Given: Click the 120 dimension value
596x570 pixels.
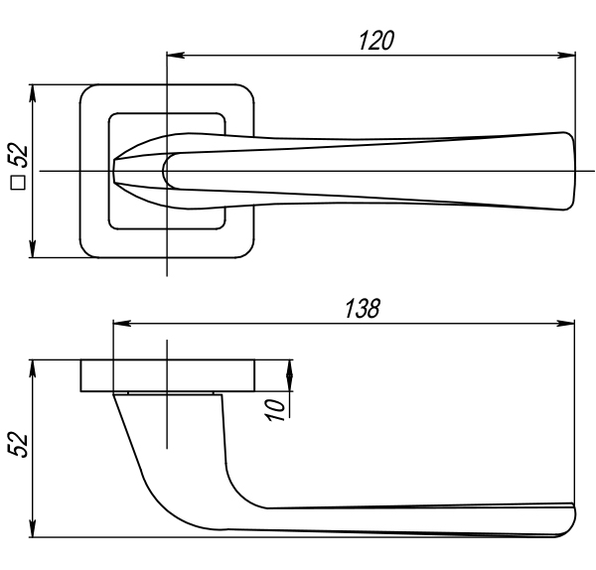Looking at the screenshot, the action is click(x=376, y=41).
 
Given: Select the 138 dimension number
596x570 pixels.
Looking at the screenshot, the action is click(x=363, y=308).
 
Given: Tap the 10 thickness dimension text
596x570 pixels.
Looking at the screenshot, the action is click(x=275, y=410).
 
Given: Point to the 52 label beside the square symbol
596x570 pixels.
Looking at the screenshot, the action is click(x=18, y=155).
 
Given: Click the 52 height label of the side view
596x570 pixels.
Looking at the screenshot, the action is click(x=18, y=445).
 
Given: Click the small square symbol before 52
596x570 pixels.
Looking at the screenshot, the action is click(x=18, y=183).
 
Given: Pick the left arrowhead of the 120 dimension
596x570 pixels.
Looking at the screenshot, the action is click(x=176, y=55).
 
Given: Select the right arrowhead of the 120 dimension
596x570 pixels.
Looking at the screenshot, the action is click(x=566, y=55).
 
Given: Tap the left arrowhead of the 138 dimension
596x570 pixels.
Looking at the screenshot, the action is click(x=122, y=324).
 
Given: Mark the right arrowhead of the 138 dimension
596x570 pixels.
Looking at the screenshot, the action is click(x=565, y=324).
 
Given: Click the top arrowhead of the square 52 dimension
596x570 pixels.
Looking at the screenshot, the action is click(x=33, y=93).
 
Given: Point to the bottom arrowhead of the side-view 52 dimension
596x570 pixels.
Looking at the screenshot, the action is click(x=33, y=528).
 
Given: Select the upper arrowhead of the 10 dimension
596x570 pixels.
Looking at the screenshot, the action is click(x=290, y=368).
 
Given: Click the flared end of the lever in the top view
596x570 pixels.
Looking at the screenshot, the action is click(x=567, y=171).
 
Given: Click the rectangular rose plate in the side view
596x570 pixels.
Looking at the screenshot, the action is click(x=168, y=375).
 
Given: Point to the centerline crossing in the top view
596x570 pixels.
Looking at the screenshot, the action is click(x=167, y=171).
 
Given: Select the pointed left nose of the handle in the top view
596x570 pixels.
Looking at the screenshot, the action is click(x=114, y=171).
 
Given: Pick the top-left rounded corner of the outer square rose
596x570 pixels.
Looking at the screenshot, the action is click(x=87, y=91).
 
